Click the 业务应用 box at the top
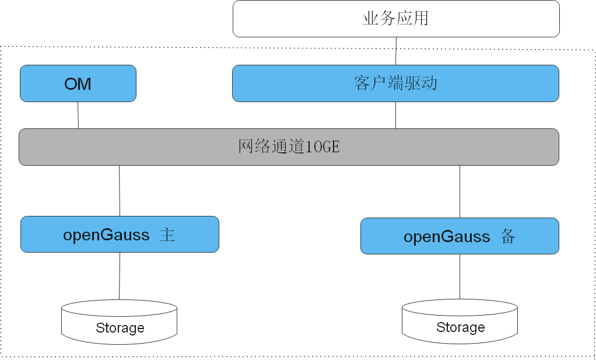pos(396,19)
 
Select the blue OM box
pos(78,83)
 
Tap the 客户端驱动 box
pos(395,83)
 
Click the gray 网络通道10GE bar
pos(289,146)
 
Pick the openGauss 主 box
pos(120,235)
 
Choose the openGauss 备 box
pos(460,236)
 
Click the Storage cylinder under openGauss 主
pos(120,321)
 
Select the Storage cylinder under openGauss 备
pos(460,321)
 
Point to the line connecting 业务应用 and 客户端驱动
pos(396,51)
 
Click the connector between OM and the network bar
pos(78,115)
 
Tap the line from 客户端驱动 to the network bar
pos(396,115)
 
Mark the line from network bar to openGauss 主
pos(120,191)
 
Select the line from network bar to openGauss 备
pos(460,192)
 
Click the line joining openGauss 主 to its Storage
pos(120,276)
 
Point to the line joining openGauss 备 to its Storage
pos(460,277)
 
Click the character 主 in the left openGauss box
pos(167,235)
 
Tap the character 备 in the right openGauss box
pos(507,236)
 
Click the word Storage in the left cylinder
pos(120,328)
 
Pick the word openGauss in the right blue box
pos(447,237)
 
